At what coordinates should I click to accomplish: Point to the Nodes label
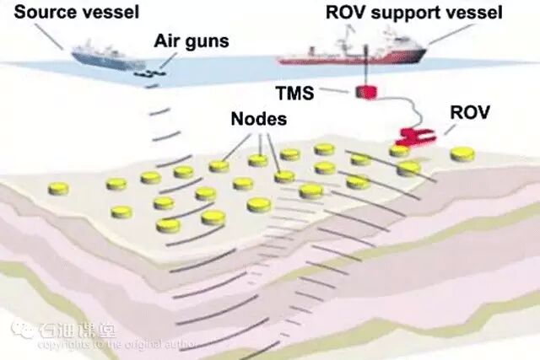coord(258,119)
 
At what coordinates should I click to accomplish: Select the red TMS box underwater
coord(365,91)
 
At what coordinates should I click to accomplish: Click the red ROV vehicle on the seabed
coord(415,135)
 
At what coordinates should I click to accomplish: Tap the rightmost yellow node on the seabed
coord(462,154)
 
